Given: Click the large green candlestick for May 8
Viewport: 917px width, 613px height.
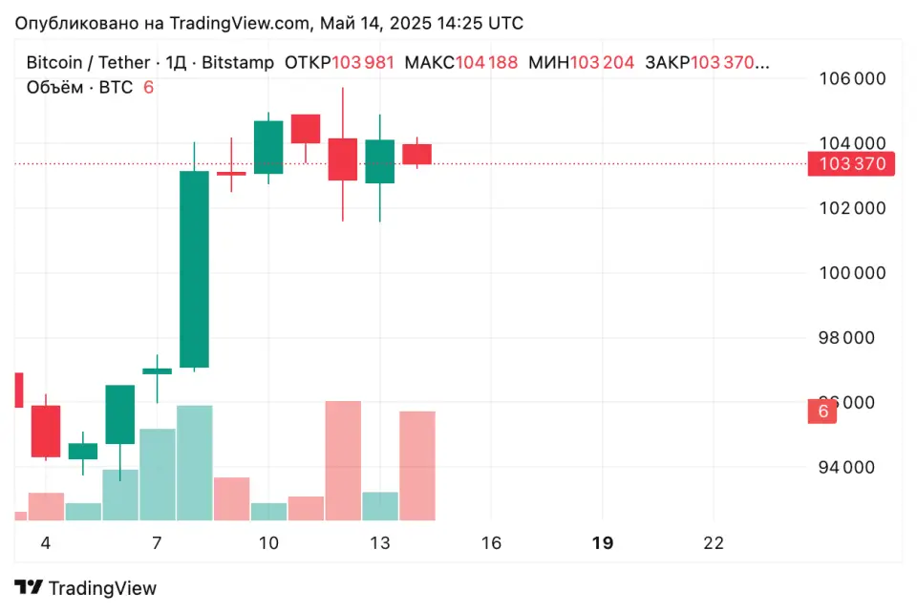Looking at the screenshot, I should (x=195, y=269).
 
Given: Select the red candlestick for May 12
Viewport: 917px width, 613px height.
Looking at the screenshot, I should (x=342, y=159).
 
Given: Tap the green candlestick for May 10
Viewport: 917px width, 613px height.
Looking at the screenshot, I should (x=268, y=147).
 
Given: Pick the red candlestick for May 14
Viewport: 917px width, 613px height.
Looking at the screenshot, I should (x=416, y=154).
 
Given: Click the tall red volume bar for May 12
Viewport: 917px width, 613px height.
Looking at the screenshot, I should (x=343, y=460).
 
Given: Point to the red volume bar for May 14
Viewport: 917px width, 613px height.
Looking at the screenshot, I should (x=416, y=465).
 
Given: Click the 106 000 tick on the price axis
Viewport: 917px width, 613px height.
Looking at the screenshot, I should (x=852, y=79).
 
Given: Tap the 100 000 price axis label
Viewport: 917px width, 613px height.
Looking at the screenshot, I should (x=852, y=273).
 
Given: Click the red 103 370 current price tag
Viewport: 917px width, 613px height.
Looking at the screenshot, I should (x=851, y=164).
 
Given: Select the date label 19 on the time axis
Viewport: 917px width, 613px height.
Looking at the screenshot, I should (x=602, y=543).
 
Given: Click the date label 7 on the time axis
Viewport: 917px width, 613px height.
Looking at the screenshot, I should (x=157, y=543).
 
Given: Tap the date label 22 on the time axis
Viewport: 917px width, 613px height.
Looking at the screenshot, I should (x=713, y=543).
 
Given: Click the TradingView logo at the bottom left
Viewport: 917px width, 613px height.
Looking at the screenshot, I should (x=86, y=588).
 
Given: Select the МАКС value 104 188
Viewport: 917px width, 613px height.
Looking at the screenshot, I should (x=486, y=63).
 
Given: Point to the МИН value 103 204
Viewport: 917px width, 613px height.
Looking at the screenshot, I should (x=602, y=63).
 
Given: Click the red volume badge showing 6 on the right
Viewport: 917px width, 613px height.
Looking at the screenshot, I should (x=821, y=412).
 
